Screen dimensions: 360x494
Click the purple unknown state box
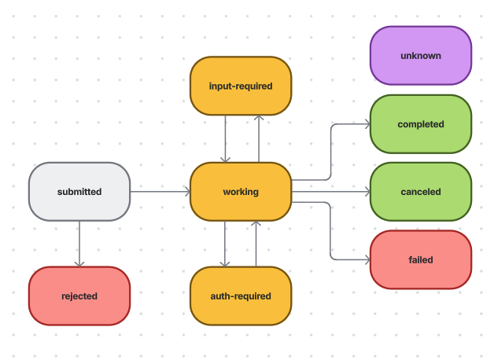coord(420,56)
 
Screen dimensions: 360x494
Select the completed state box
coord(420,124)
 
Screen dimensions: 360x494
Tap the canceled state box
coord(420,192)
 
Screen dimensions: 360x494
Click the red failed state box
coord(420,259)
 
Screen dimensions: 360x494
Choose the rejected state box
coord(79,296)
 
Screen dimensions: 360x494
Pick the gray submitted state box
coord(79,192)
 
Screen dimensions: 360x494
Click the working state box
coord(241,192)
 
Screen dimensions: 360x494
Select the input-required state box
coord(241,86)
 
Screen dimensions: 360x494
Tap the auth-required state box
coord(241,296)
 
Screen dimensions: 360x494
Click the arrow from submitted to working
coord(160,192)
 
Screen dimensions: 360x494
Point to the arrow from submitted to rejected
coord(79,244)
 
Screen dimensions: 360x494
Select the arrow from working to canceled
coord(330,192)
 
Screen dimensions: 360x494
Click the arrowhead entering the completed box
coord(366,124)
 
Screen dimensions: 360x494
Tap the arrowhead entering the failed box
coord(366,259)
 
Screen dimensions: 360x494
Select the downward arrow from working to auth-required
coord(225,244)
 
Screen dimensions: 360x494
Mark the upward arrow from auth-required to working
coord(256,244)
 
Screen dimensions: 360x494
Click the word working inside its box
coord(241,192)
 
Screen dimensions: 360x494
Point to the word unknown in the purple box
coord(420,56)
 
